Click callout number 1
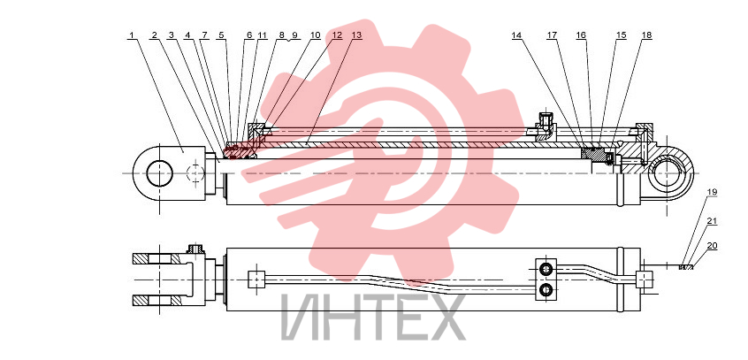132,35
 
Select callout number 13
356,35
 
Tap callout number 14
516,35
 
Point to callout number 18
646,35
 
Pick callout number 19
712,192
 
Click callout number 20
712,246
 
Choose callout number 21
712,221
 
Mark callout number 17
552,35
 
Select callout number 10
315,35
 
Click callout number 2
154,35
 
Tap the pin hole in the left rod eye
159,173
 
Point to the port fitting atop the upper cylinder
545,125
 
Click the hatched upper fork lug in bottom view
156,259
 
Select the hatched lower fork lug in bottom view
156,301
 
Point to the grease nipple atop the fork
195,249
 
